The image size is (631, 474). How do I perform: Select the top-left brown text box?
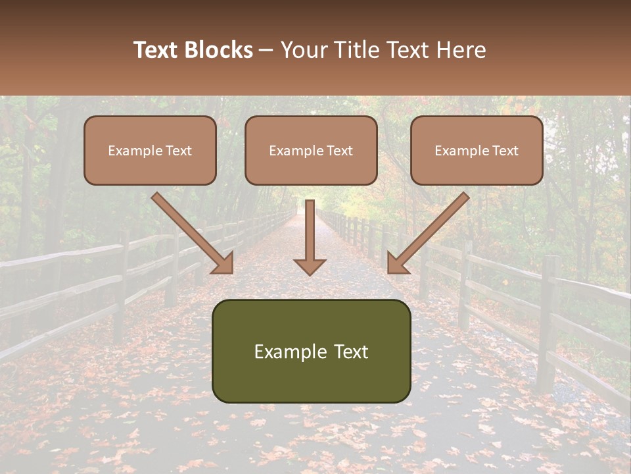(150, 150)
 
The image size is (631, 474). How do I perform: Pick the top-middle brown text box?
(311, 150)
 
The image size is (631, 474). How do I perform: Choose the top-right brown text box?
(477, 150)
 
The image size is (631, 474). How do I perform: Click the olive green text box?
(311, 351)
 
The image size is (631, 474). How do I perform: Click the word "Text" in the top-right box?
(505, 151)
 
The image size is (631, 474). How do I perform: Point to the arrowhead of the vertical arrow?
(310, 266)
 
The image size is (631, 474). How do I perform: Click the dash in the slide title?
(266, 51)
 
